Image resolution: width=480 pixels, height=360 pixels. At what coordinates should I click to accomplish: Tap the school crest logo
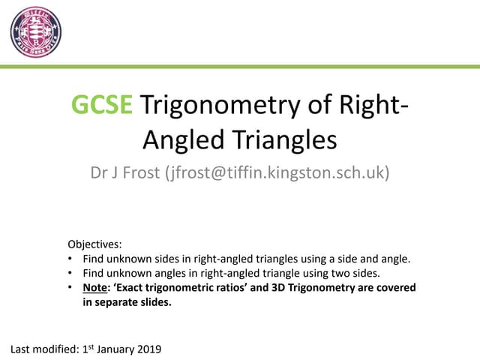(x=35, y=32)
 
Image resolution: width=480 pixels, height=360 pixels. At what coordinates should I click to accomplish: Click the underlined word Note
(x=94, y=288)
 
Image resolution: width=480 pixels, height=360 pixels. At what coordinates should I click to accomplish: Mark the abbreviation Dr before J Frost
(x=98, y=173)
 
